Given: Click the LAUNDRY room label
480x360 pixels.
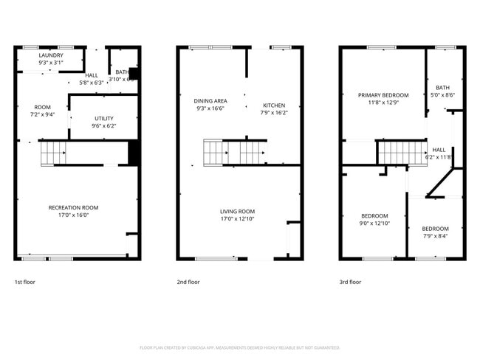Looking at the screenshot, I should click(50, 55).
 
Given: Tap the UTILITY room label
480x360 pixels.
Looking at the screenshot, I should click(103, 118).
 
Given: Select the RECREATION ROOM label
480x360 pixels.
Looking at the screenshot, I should click(73, 207).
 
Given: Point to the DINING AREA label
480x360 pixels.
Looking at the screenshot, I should click(210, 100).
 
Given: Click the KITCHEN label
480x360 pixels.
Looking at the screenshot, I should click(272, 105).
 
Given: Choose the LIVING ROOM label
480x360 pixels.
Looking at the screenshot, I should click(237, 211).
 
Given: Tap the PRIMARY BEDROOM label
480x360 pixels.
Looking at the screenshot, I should click(383, 95).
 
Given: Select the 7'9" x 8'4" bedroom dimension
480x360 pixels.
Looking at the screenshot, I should click(435, 236).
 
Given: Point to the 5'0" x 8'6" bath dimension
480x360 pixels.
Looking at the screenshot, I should click(443, 94).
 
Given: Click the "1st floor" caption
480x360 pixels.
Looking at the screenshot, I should click(25, 282).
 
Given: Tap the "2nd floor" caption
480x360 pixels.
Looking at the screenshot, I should click(188, 282).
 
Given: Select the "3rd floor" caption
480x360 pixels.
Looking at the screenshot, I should click(350, 282).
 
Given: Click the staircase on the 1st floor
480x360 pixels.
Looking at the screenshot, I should click(53, 153).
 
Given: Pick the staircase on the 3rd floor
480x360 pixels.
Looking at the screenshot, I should click(401, 153).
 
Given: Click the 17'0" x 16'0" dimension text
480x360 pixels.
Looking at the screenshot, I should click(73, 215).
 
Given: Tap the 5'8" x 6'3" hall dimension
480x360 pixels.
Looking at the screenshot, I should click(92, 83).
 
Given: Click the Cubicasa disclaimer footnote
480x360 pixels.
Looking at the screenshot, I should click(239, 347).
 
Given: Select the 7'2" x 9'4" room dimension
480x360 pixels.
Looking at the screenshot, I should click(43, 114).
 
